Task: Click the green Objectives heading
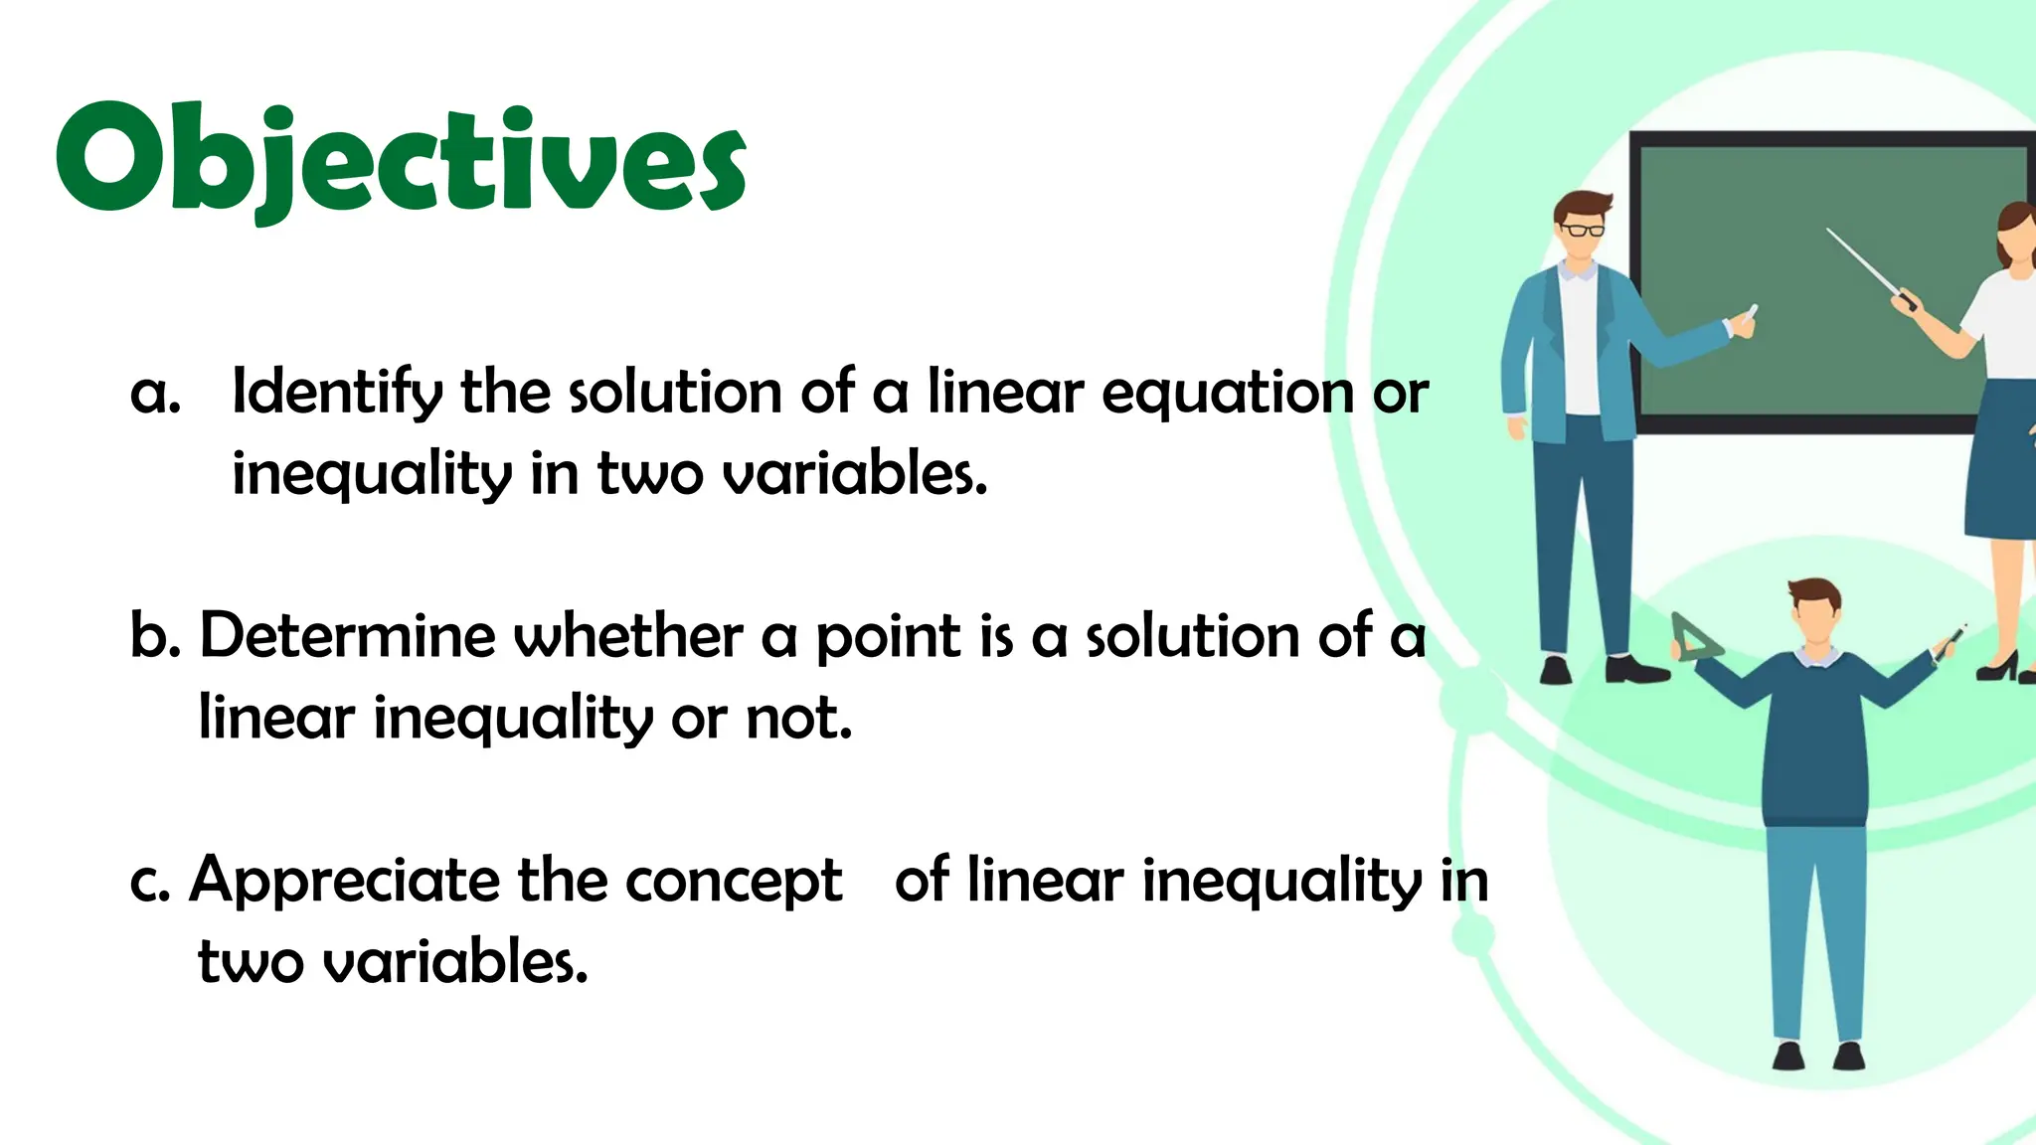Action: coord(401,159)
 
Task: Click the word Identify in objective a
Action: coord(337,393)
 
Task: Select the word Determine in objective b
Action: coord(347,636)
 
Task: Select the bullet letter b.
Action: coord(153,636)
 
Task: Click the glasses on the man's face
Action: coord(1583,231)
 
